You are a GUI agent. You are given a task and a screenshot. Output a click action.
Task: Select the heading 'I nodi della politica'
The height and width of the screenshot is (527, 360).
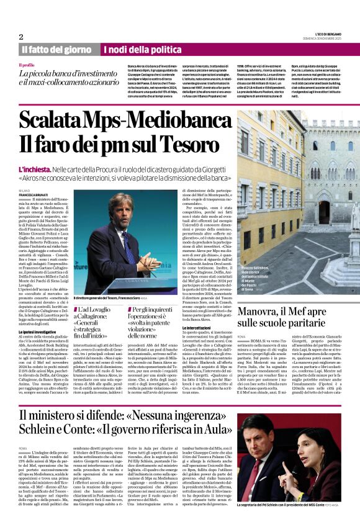(x=133, y=50)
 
